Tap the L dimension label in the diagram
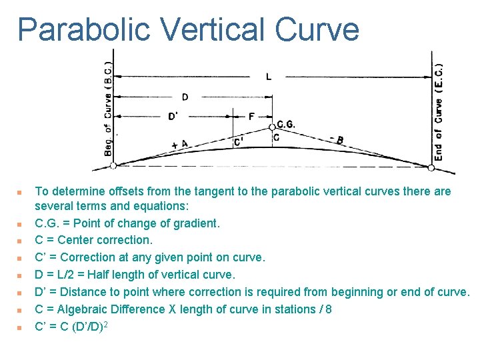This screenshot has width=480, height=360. pyautogui.click(x=269, y=77)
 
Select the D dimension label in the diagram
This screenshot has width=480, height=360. pyautogui.click(x=185, y=97)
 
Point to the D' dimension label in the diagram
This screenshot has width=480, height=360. pyautogui.click(x=173, y=117)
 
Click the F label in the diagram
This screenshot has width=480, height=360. pyautogui.click(x=251, y=117)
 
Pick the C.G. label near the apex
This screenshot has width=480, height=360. pyautogui.click(x=285, y=124)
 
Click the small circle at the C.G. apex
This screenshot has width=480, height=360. pyautogui.click(x=272, y=127)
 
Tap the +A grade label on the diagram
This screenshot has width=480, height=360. pyautogui.click(x=179, y=144)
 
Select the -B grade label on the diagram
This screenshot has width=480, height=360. pyautogui.click(x=337, y=140)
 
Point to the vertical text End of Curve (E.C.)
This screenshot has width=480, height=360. pyautogui.click(x=438, y=110)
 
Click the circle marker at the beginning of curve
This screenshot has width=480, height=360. pyautogui.click(x=113, y=165)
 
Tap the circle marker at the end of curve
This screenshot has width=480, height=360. pyautogui.click(x=431, y=167)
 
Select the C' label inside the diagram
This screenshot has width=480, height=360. pyautogui.click(x=238, y=142)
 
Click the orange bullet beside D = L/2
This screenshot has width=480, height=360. pyautogui.click(x=20, y=275)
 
